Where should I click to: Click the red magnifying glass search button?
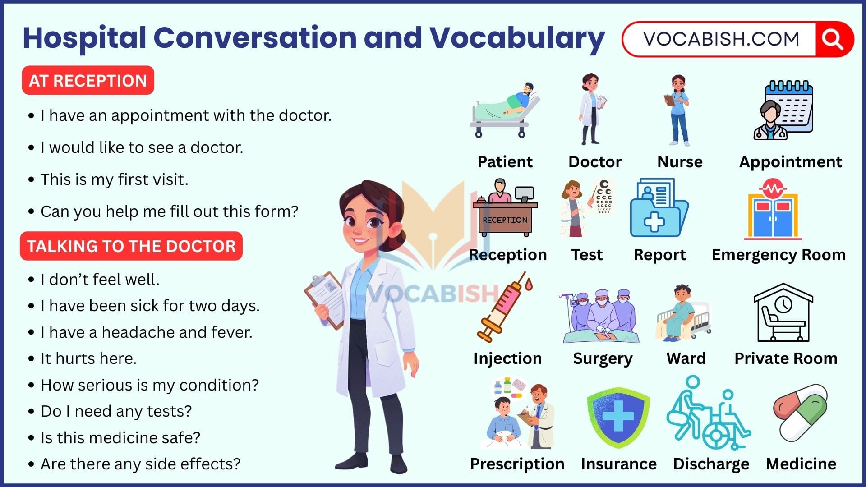pos(833,40)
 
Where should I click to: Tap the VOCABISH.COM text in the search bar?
pos(721,40)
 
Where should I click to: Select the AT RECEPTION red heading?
pos(88,81)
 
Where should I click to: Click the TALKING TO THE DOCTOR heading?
pos(131,246)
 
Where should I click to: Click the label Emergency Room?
pos(778,255)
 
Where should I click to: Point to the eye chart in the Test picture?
pos(604,197)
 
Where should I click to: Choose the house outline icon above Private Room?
pos(783,313)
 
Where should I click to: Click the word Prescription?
pos(517,464)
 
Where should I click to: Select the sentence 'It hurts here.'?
pos(88,358)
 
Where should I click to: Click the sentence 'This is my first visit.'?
pos(114,179)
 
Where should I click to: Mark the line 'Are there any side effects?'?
pos(140,464)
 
